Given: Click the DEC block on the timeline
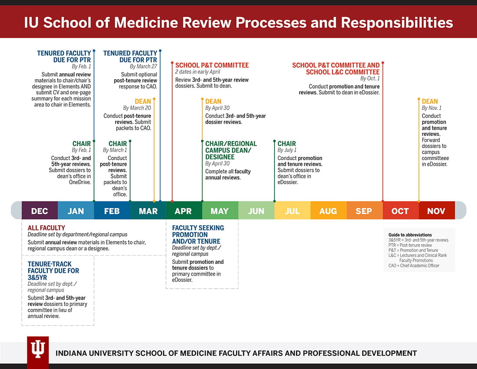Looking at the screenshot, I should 39,211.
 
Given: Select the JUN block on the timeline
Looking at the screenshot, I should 256,211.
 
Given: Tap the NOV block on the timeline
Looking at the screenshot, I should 436,211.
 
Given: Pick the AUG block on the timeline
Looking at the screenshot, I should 328,211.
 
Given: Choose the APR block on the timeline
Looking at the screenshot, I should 183,211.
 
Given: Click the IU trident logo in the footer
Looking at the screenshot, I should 38,349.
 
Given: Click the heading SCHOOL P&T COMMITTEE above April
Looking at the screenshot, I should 212,65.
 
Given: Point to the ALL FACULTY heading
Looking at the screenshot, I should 46,227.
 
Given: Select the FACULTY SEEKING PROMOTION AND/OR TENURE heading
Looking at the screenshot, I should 198,234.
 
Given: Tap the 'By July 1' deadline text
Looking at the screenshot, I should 287,150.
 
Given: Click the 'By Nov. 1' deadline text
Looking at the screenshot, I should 431,108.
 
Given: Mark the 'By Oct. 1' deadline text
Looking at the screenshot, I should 369,79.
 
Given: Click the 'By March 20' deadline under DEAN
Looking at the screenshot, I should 137,108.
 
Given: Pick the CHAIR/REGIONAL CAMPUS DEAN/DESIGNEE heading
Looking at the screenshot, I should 231,150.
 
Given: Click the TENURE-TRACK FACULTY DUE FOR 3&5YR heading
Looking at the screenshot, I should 53,270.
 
